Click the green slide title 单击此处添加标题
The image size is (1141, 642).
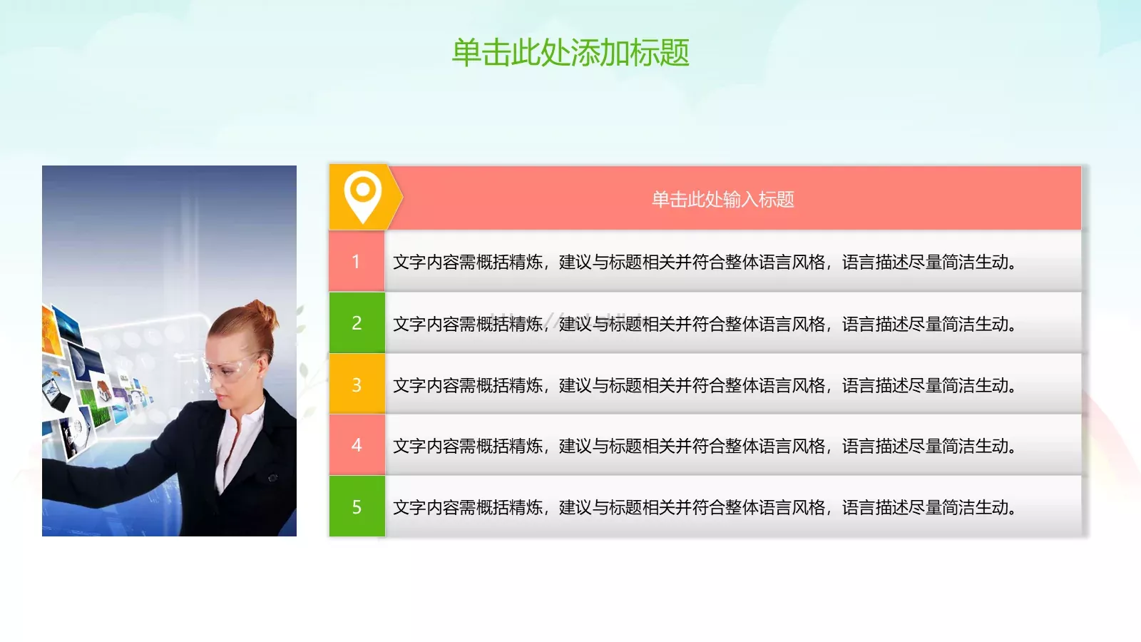(x=570, y=53)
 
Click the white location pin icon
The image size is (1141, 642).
(x=362, y=195)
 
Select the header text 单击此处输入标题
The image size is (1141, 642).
(x=722, y=200)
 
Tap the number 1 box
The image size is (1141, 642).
(x=357, y=262)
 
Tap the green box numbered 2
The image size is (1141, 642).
(x=357, y=323)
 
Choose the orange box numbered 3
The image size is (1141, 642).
(x=357, y=385)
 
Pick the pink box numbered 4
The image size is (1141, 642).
(x=357, y=446)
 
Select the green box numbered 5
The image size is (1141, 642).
(x=357, y=507)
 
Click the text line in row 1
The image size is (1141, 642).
(x=705, y=263)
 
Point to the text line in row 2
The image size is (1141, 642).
(x=705, y=324)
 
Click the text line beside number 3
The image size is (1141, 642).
(x=705, y=385)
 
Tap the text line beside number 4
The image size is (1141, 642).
(x=705, y=447)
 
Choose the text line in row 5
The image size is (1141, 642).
(x=705, y=508)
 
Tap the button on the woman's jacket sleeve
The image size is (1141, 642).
(x=272, y=478)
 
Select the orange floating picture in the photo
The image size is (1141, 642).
(x=51, y=330)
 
